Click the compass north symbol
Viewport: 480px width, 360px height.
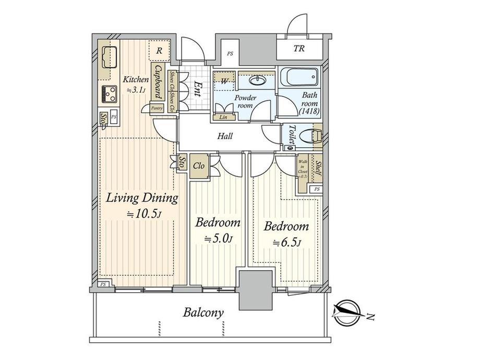click(x=346, y=311)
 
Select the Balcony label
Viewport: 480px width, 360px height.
click(x=203, y=313)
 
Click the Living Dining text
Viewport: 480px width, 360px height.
click(x=142, y=198)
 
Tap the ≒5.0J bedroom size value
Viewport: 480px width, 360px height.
click(x=218, y=239)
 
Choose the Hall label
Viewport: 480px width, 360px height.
click(x=225, y=137)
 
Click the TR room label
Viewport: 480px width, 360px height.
click(x=298, y=50)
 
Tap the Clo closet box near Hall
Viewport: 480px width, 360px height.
click(x=199, y=166)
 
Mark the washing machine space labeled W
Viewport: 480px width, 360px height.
click(x=223, y=80)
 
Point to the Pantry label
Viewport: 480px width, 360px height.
click(x=157, y=109)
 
